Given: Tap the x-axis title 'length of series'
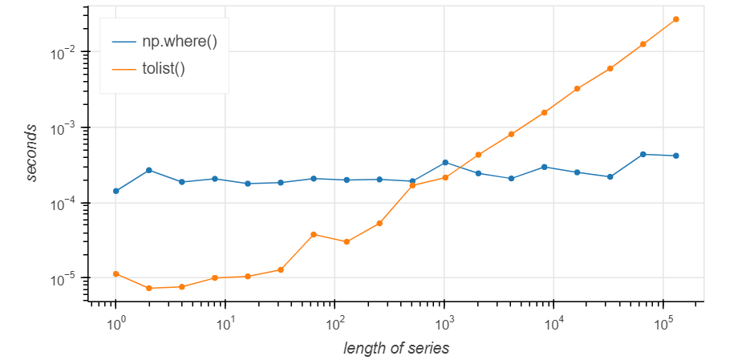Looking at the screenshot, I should pyautogui.click(x=395, y=348).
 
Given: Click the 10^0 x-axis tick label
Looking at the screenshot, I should pyautogui.click(x=116, y=323).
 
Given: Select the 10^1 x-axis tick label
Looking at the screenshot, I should pyautogui.click(x=225, y=323).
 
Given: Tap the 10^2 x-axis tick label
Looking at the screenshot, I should pyautogui.click(x=334, y=323).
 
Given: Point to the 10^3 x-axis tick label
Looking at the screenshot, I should pyautogui.click(x=444, y=323).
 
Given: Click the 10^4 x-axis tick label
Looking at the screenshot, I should pyautogui.click(x=553, y=323).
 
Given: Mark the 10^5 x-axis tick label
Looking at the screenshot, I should pyautogui.click(x=663, y=323).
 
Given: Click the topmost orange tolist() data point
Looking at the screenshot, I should pyautogui.click(x=675, y=19).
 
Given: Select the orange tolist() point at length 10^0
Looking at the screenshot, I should pyautogui.click(x=116, y=274).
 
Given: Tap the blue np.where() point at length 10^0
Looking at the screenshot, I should pyautogui.click(x=116, y=191).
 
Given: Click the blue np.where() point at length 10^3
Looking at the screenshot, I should pyautogui.click(x=445, y=162).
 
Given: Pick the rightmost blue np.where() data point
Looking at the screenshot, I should pyautogui.click(x=675, y=156).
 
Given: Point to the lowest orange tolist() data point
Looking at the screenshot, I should pyautogui.click(x=149, y=288).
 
